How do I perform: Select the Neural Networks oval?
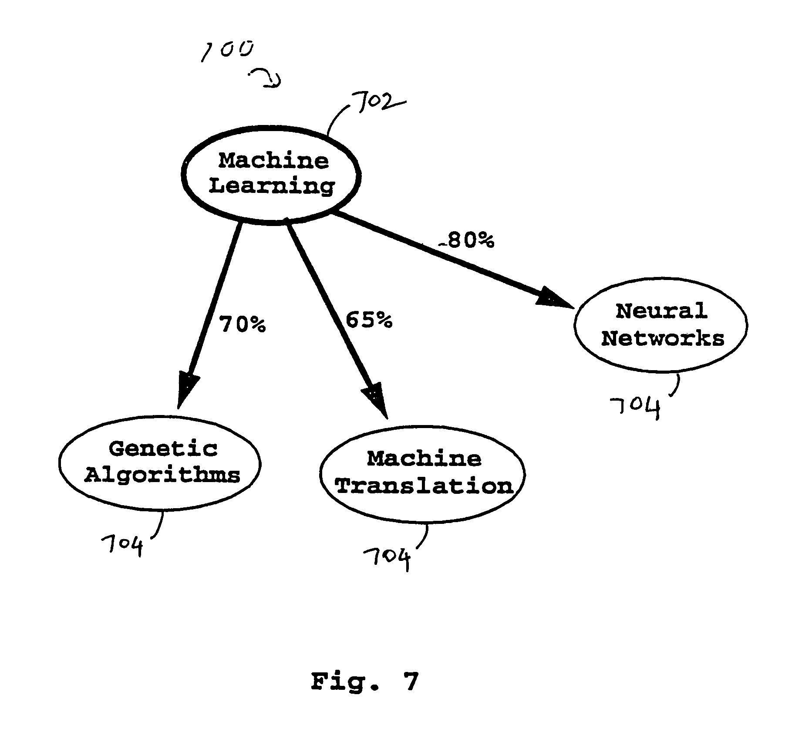coord(661,325)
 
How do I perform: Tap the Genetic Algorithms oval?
coord(160,463)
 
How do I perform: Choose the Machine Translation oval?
coord(422,474)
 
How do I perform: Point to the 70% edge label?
coord(242,324)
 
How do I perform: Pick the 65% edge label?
coord(369,320)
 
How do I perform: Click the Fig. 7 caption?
coord(364,682)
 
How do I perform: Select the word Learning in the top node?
coord(272,186)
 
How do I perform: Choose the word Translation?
coord(425,486)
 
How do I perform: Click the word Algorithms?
coord(162,475)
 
